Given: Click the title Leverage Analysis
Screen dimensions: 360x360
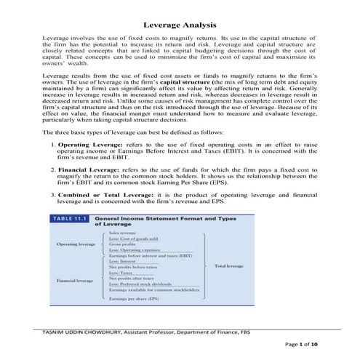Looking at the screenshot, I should [180, 25].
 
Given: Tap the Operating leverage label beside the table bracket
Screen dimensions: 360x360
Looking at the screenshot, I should [76, 244].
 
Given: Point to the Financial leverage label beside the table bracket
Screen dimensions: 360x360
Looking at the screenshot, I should [76, 280].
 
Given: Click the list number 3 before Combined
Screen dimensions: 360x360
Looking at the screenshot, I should [52, 195].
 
